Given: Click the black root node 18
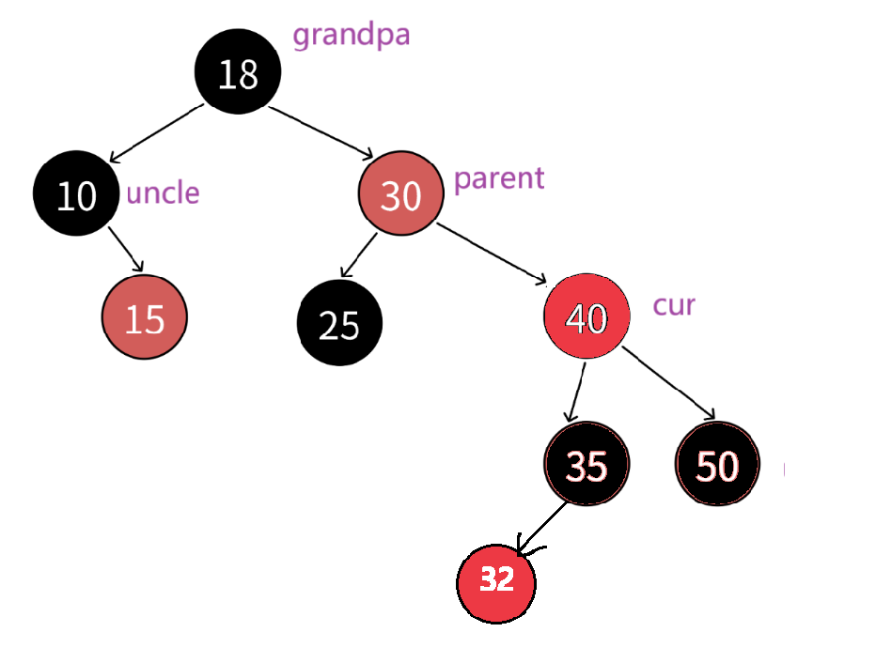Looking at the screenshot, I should coord(238,73).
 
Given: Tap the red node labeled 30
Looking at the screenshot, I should coord(400,194).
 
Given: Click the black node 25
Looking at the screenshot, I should coord(339,323).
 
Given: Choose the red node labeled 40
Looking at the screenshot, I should coord(586,316).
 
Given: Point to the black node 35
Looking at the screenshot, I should coord(587,465).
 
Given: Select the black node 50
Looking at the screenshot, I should coord(717,465).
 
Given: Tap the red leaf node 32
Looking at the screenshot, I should coord(496,581).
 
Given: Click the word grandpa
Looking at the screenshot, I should coord(352,36).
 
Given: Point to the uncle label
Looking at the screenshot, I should coord(163,193).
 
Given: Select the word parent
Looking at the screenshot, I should coord(499,177).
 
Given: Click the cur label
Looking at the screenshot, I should coord(674,305).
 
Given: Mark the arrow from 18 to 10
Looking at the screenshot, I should coord(156,133).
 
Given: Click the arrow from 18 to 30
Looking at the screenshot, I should coord(321,132).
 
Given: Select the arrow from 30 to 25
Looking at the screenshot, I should coord(358,254).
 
